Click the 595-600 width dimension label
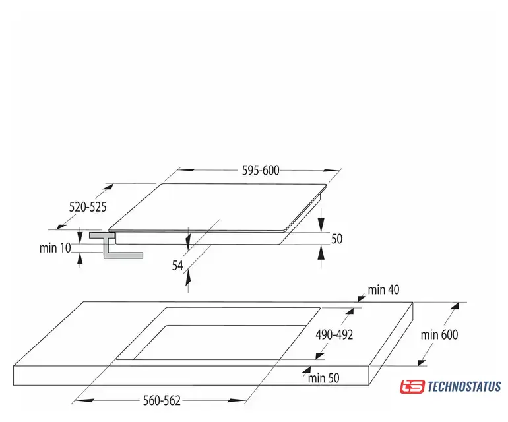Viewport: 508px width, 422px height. coord(261,170)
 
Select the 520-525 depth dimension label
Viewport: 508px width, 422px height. coord(88,207)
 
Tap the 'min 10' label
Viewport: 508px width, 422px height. coord(55,248)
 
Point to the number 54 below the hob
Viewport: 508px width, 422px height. coord(177,266)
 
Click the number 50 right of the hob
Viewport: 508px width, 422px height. coord(336,239)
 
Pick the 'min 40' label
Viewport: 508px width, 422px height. coord(383,289)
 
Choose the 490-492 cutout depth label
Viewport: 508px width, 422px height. coord(334,334)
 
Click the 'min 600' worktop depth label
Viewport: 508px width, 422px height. coord(439,334)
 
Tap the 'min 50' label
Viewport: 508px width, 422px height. coord(324,378)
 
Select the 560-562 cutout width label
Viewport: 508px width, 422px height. coord(162,401)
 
